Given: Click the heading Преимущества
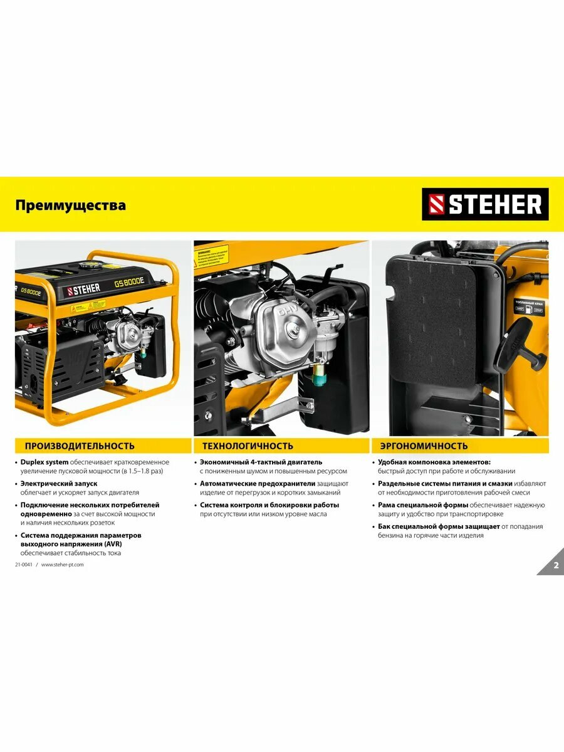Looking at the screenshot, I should [70, 206].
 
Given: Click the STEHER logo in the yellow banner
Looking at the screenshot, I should [485, 204].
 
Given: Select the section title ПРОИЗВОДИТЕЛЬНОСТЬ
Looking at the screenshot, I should [80, 446].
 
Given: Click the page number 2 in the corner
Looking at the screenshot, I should [555, 565].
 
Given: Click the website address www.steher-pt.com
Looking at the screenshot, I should [63, 565].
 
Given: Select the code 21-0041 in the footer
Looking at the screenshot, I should [24, 565].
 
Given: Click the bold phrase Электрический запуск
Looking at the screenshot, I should [59, 484].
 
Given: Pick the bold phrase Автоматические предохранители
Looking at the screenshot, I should [258, 484].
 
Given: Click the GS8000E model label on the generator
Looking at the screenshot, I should [129, 282].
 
